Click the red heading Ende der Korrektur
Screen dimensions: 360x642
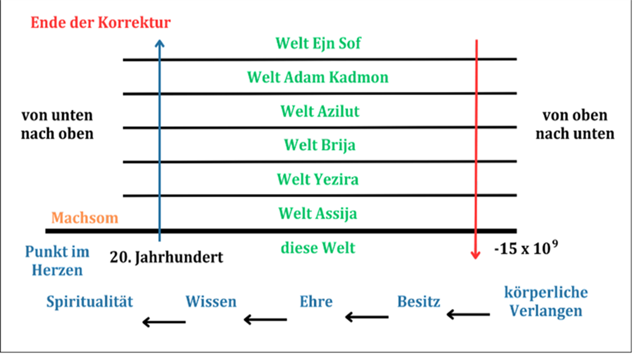(x=100, y=23)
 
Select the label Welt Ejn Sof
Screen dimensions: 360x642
(x=318, y=43)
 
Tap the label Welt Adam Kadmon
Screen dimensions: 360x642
(x=318, y=77)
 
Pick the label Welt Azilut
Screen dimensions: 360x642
(x=320, y=111)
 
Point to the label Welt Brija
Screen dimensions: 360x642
(x=319, y=145)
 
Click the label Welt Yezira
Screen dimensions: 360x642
(x=318, y=179)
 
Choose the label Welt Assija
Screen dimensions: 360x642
(x=318, y=213)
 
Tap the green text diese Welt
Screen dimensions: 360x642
(x=318, y=248)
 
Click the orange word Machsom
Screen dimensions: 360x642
(x=84, y=218)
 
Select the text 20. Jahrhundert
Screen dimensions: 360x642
(x=166, y=257)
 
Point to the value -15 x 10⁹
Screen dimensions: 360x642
(x=525, y=248)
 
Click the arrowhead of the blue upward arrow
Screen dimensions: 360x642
(x=159, y=43)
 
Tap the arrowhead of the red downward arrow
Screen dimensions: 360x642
(x=476, y=255)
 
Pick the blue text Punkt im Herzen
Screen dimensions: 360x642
(x=57, y=261)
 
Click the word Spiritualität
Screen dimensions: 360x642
(x=89, y=302)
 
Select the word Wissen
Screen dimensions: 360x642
(x=211, y=302)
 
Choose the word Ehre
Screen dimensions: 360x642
(x=316, y=302)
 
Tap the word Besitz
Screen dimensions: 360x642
(x=418, y=302)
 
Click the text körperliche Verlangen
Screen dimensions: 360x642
(x=546, y=302)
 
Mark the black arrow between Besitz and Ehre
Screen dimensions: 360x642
(x=366, y=317)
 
